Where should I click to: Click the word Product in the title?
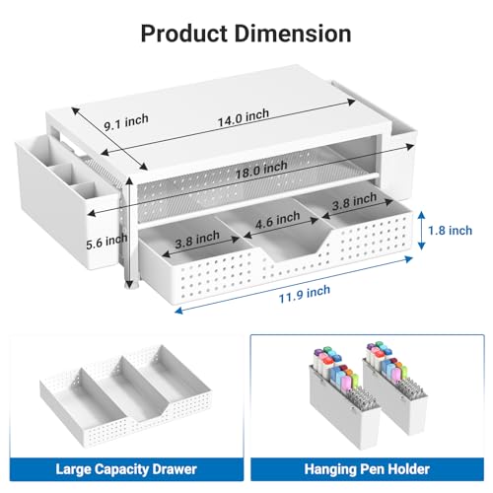pyautogui.click(x=184, y=34)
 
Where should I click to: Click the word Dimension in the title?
pyautogui.click(x=293, y=34)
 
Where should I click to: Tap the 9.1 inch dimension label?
pyautogui.click(x=126, y=122)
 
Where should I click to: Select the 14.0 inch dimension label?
pyautogui.click(x=244, y=117)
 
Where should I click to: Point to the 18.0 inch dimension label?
pyautogui.click(x=261, y=170)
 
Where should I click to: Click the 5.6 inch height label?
pyautogui.click(x=106, y=242)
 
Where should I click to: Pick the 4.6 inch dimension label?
pyautogui.click(x=278, y=219)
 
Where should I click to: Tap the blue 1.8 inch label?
pyautogui.click(x=450, y=231)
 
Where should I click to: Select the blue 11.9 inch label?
pyautogui.click(x=305, y=294)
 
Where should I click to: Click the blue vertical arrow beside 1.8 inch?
pyautogui.click(x=421, y=230)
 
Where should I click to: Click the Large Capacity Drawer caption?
pyautogui.click(x=126, y=469)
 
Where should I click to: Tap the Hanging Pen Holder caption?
pyautogui.click(x=367, y=469)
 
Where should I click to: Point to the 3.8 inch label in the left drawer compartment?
pyautogui.click(x=197, y=240)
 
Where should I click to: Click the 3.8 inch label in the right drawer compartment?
pyautogui.click(x=354, y=201)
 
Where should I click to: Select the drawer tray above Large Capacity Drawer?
pyautogui.click(x=125, y=395)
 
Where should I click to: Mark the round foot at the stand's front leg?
pyautogui.click(x=132, y=286)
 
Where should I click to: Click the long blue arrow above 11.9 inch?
pyautogui.click(x=294, y=285)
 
